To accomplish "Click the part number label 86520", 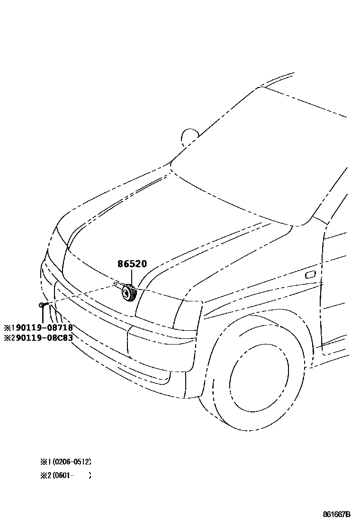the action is [x=132, y=264].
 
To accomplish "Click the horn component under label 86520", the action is [x=128, y=293].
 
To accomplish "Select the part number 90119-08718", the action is [x=42, y=327].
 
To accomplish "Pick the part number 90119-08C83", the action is [x=42, y=338].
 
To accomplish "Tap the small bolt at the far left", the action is [x=43, y=304].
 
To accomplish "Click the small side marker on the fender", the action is [x=311, y=274].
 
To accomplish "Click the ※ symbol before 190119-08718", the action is [x=7, y=327].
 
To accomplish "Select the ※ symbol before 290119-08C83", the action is [x=7, y=338].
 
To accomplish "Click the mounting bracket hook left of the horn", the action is [x=116, y=284].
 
